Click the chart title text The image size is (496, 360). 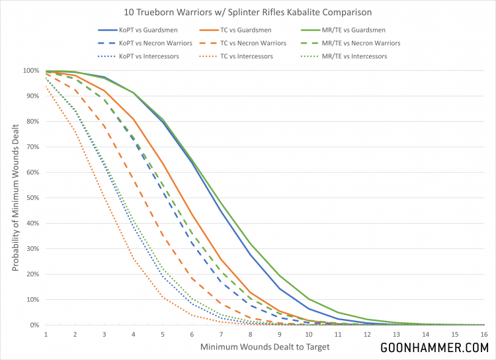point(248,13)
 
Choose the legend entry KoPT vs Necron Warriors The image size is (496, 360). point(149,43)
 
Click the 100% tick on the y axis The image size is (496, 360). point(31,71)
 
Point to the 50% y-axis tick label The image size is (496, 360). point(33,198)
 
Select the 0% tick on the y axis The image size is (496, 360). point(35,325)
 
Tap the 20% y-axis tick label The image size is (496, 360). point(33,274)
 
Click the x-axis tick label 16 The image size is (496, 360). point(484,334)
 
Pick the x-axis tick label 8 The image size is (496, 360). point(250,334)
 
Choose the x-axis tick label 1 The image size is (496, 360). point(46,334)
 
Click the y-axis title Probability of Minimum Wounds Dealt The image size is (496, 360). point(14,198)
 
